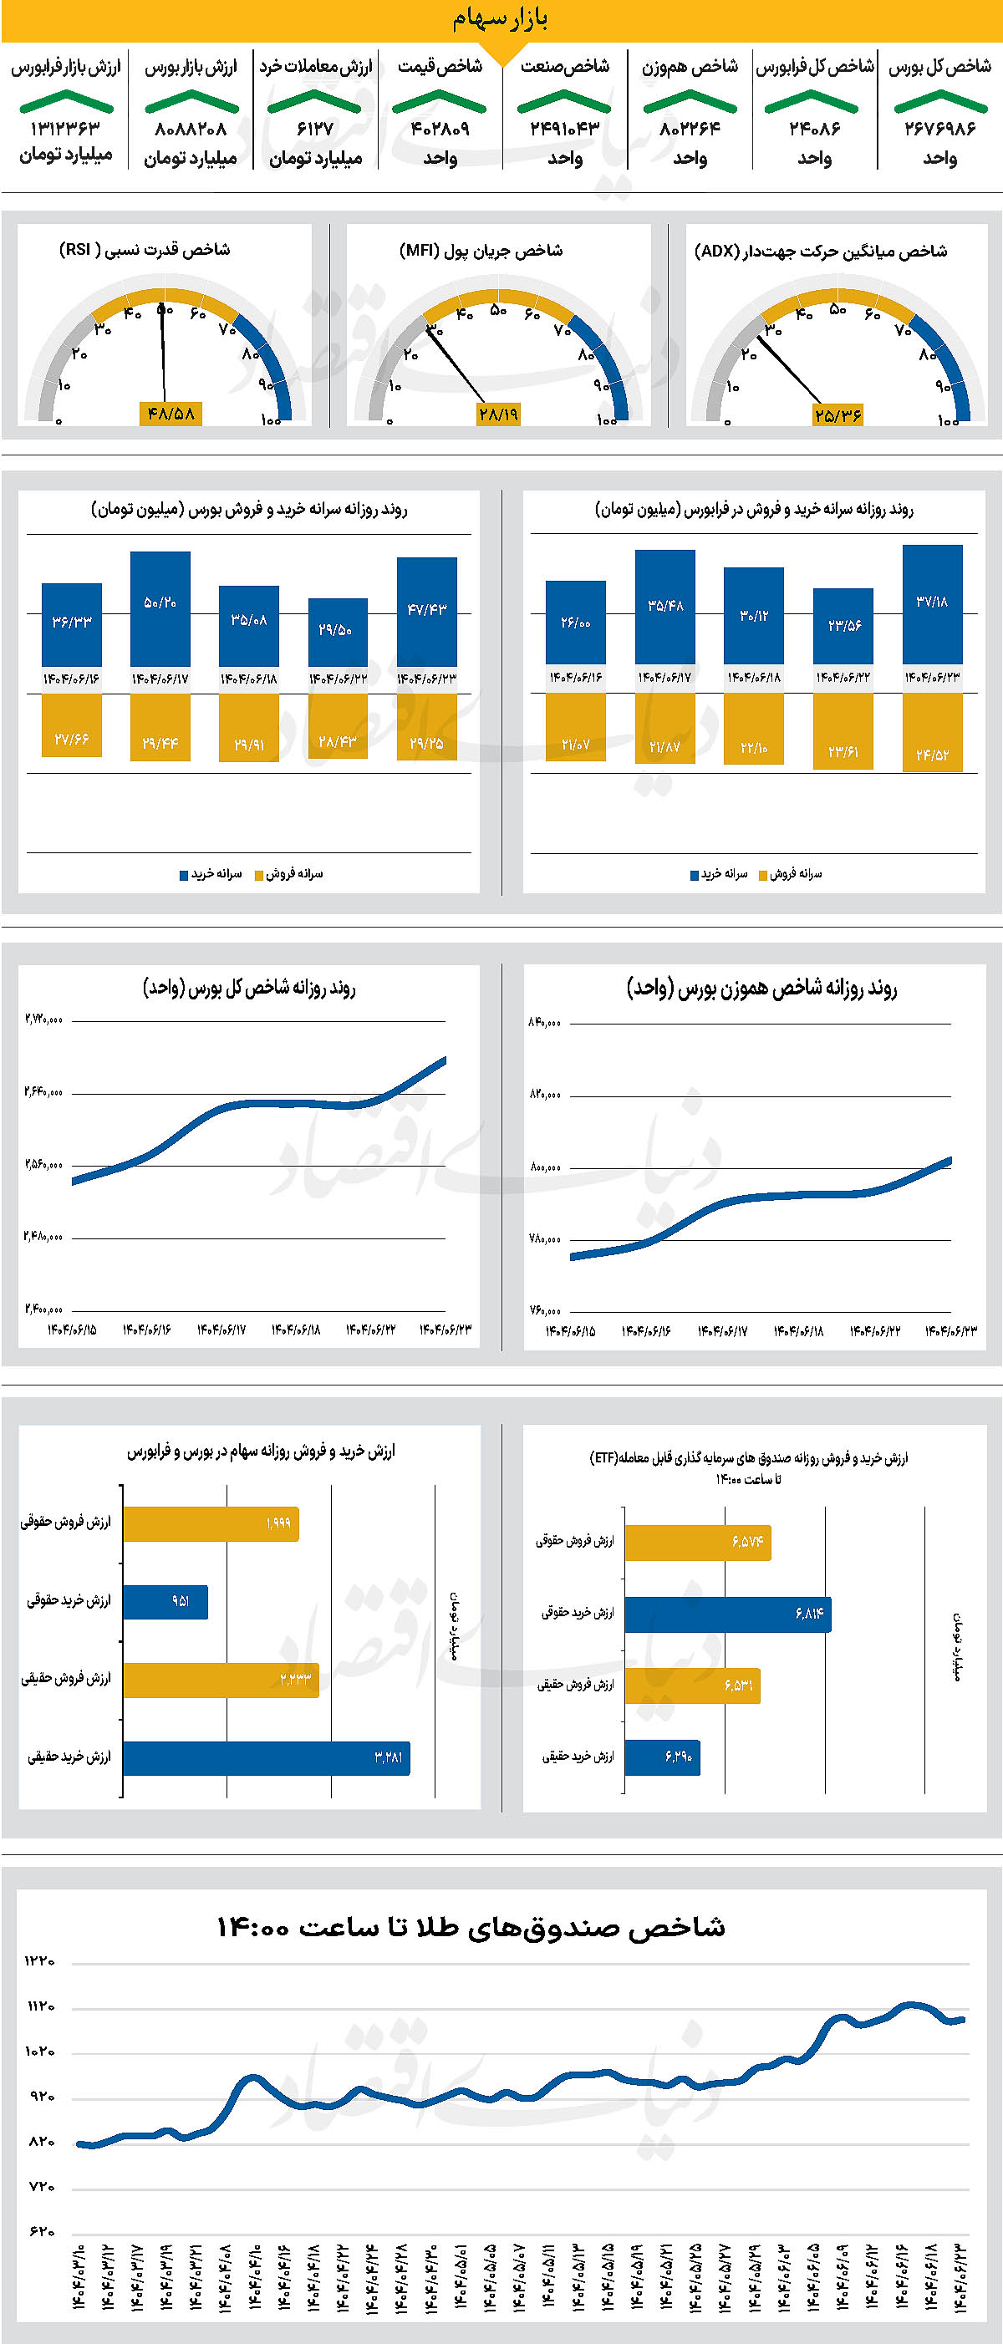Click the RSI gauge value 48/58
[171, 413]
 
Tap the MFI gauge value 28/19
[498, 414]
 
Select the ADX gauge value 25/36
[838, 415]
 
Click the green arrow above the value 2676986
[940, 101]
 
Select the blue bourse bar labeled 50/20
[160, 608]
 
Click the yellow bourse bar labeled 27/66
[71, 725]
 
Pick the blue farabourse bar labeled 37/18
[932, 604]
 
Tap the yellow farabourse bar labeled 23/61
[843, 730]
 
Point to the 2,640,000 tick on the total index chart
[43, 1091]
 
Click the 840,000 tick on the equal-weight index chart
[544, 1023]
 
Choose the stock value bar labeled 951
[165, 1601]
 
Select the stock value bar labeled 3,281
[266, 1757]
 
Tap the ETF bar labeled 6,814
[727, 1614]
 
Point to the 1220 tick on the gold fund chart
[40, 1962]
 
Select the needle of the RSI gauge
[164, 355]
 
